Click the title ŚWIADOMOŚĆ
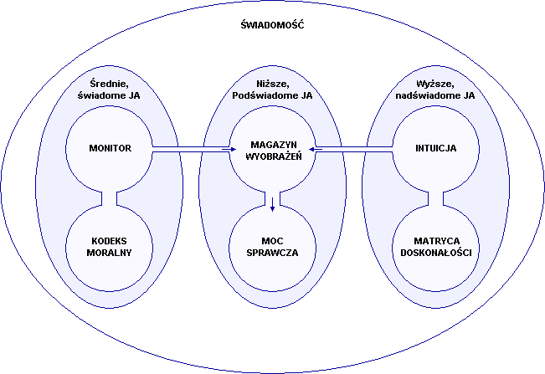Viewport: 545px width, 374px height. tap(272, 25)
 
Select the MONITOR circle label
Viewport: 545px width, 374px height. tap(110, 149)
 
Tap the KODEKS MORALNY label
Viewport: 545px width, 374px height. tap(110, 246)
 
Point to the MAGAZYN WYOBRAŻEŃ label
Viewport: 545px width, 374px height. tap(272, 149)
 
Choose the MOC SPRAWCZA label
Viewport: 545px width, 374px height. tap(272, 246)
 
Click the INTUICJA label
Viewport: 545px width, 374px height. tap(434, 149)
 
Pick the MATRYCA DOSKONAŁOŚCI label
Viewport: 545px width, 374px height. tap(434, 246)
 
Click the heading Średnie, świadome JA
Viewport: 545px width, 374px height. tap(110, 90)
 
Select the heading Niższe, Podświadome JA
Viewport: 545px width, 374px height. tap(272, 90)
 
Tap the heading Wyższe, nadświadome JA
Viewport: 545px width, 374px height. tap(434, 90)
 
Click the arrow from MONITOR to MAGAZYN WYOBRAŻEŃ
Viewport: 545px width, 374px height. tap(191, 149)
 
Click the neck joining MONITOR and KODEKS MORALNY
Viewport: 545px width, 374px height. tap(110, 198)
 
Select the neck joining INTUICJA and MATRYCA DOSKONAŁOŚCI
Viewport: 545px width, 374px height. tap(434, 198)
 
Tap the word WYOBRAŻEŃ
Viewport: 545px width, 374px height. tap(272, 155)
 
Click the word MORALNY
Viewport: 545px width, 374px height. tap(110, 252)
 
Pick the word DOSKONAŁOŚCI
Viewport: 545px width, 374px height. tap(434, 252)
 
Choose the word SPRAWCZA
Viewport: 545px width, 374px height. tap(272, 252)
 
